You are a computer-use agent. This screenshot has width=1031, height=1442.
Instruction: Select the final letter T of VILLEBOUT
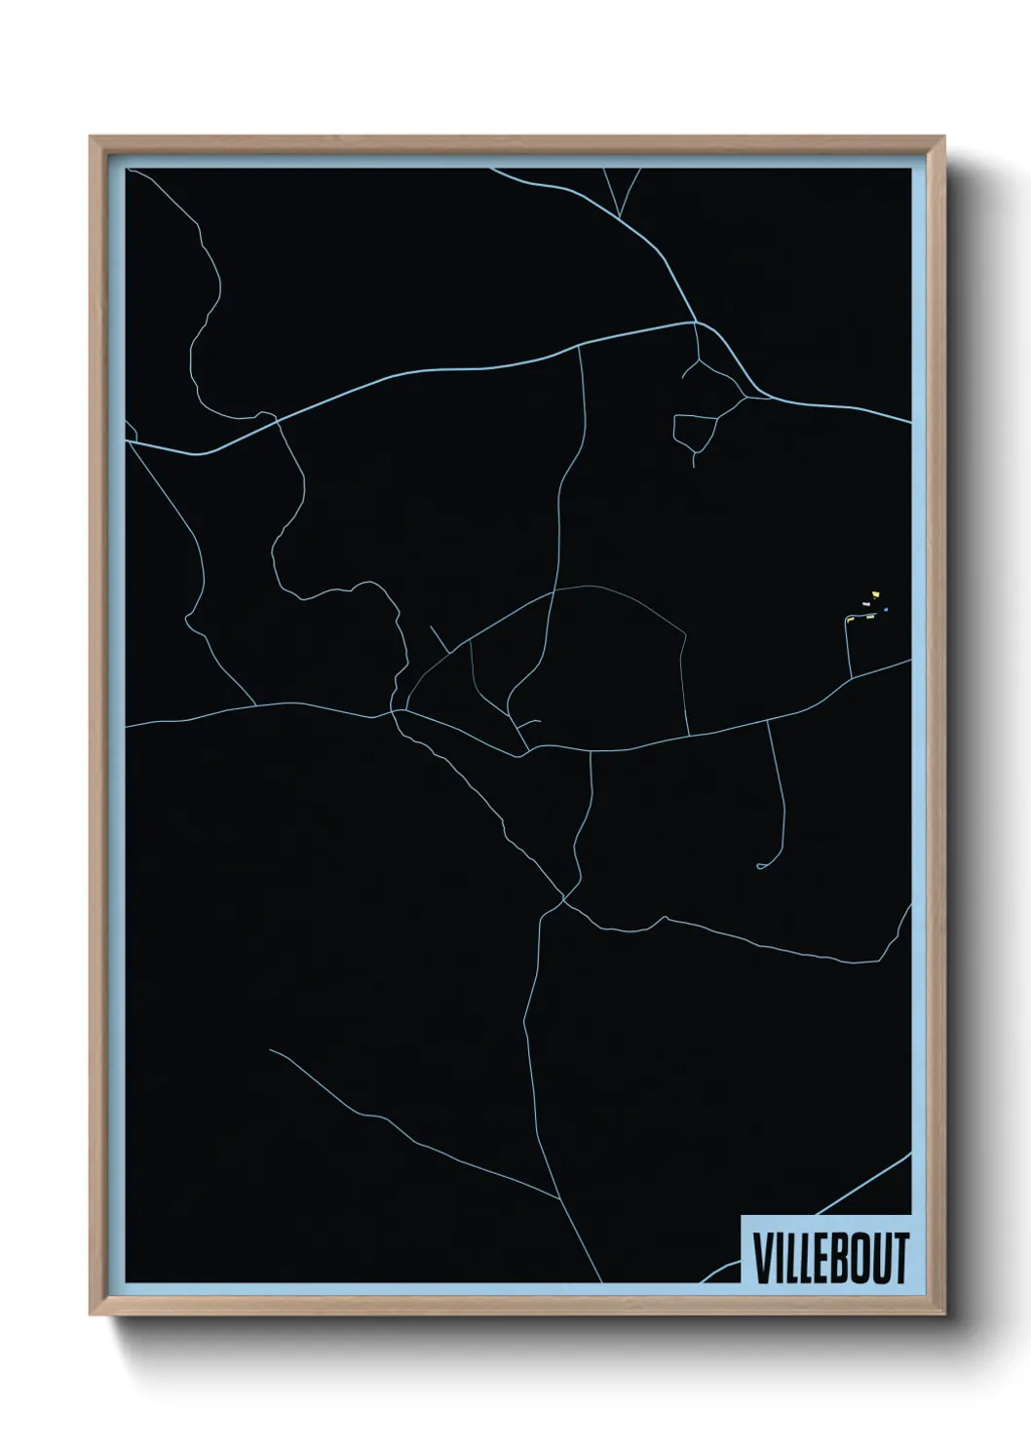(x=900, y=1258)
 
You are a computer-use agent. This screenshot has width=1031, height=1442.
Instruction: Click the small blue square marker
(x=886, y=611)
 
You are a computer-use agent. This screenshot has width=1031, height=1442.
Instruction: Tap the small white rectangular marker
(x=865, y=604)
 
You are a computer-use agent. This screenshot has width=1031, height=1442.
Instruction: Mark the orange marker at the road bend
(x=850, y=619)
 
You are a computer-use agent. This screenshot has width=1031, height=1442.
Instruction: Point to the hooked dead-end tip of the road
(x=759, y=866)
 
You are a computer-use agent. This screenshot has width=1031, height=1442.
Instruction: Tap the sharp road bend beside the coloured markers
(x=848, y=620)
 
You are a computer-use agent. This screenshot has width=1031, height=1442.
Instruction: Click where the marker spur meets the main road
(x=851, y=676)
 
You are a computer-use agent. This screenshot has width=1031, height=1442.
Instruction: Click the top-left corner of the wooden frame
(x=91, y=137)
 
